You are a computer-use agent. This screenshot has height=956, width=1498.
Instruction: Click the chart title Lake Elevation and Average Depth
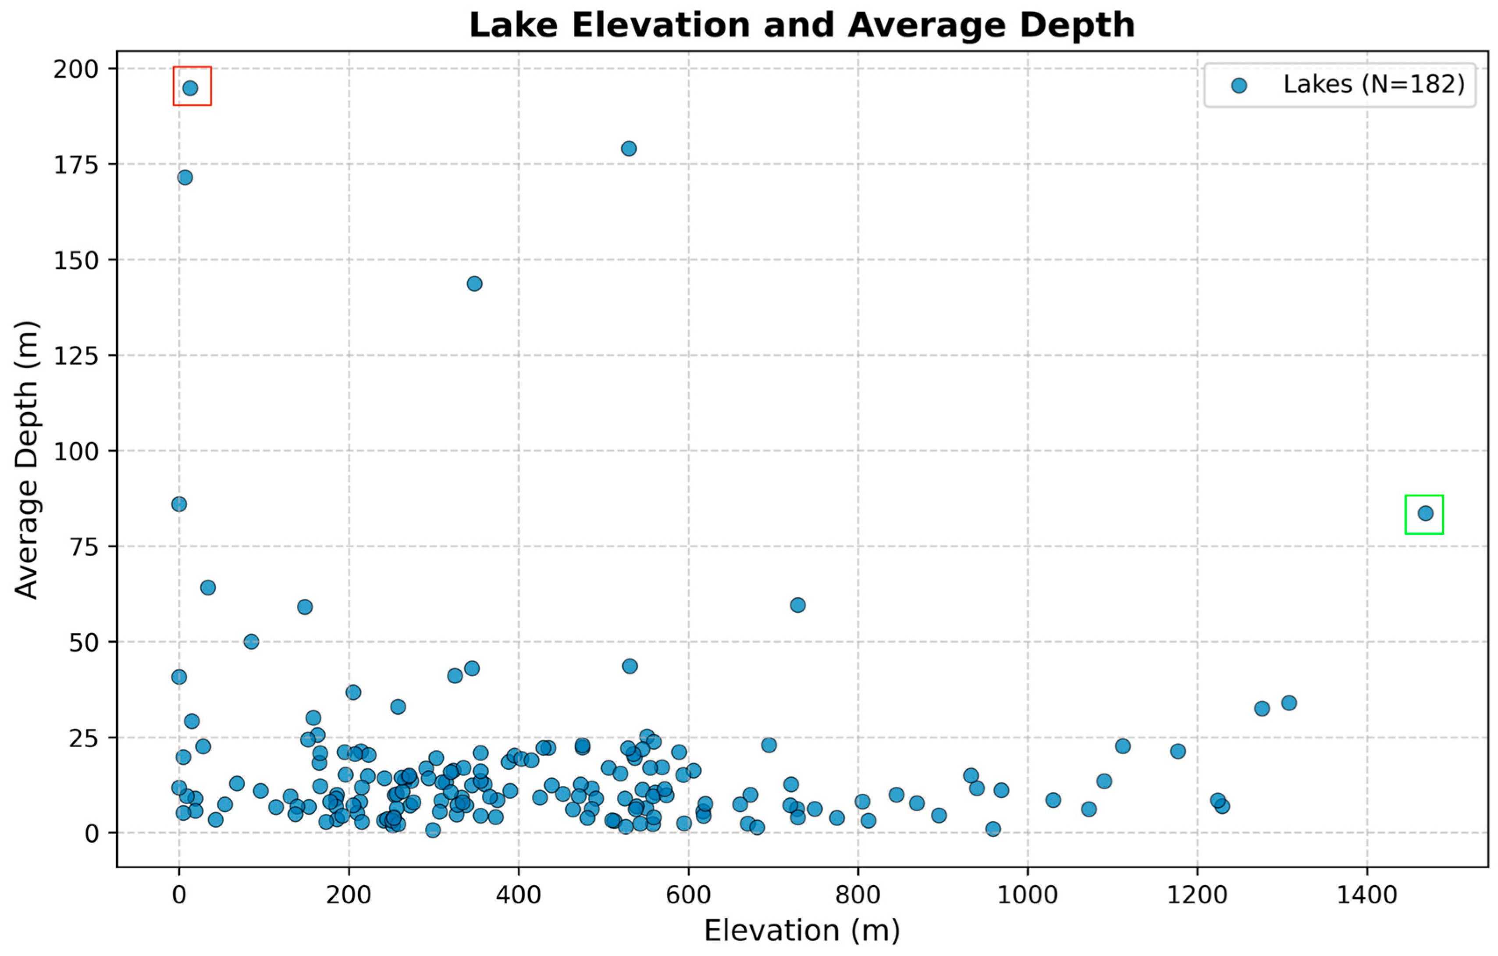[x=802, y=25]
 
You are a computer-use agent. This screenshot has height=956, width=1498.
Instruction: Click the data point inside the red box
[x=190, y=88]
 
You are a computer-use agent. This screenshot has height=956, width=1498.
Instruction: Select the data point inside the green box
[x=1425, y=514]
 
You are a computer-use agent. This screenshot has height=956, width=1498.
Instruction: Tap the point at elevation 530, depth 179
[x=629, y=149]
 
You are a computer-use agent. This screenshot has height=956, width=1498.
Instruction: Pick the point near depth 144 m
[x=474, y=284]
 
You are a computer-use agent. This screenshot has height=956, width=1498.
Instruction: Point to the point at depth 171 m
[x=185, y=177]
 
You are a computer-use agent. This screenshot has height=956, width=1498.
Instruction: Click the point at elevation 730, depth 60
[x=797, y=605]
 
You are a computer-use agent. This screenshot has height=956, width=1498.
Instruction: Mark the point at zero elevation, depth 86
[x=179, y=504]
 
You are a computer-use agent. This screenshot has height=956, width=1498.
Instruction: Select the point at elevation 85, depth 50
[x=251, y=642]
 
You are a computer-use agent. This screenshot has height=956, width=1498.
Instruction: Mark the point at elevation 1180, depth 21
[x=1178, y=751]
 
